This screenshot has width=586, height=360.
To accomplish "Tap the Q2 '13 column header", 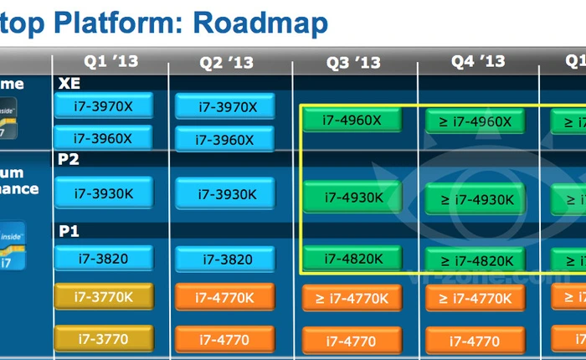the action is (x=226, y=63).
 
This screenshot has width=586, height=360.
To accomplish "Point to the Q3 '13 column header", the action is (x=354, y=63).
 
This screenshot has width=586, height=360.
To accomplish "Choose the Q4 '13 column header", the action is (x=478, y=61).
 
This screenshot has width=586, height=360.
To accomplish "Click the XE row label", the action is (x=69, y=84).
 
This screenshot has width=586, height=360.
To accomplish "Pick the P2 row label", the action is (x=68, y=159).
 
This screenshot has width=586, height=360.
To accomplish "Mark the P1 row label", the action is (x=68, y=229).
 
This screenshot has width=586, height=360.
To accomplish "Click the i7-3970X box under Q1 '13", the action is (x=104, y=106).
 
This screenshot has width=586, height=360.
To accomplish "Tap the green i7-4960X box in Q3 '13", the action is (x=352, y=120).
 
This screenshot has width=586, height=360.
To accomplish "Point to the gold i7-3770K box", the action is (x=104, y=296).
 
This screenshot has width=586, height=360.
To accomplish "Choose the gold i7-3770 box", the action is (x=104, y=337).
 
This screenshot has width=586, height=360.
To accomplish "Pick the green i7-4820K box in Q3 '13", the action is (x=352, y=258).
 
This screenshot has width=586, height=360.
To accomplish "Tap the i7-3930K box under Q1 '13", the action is (x=104, y=193).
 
